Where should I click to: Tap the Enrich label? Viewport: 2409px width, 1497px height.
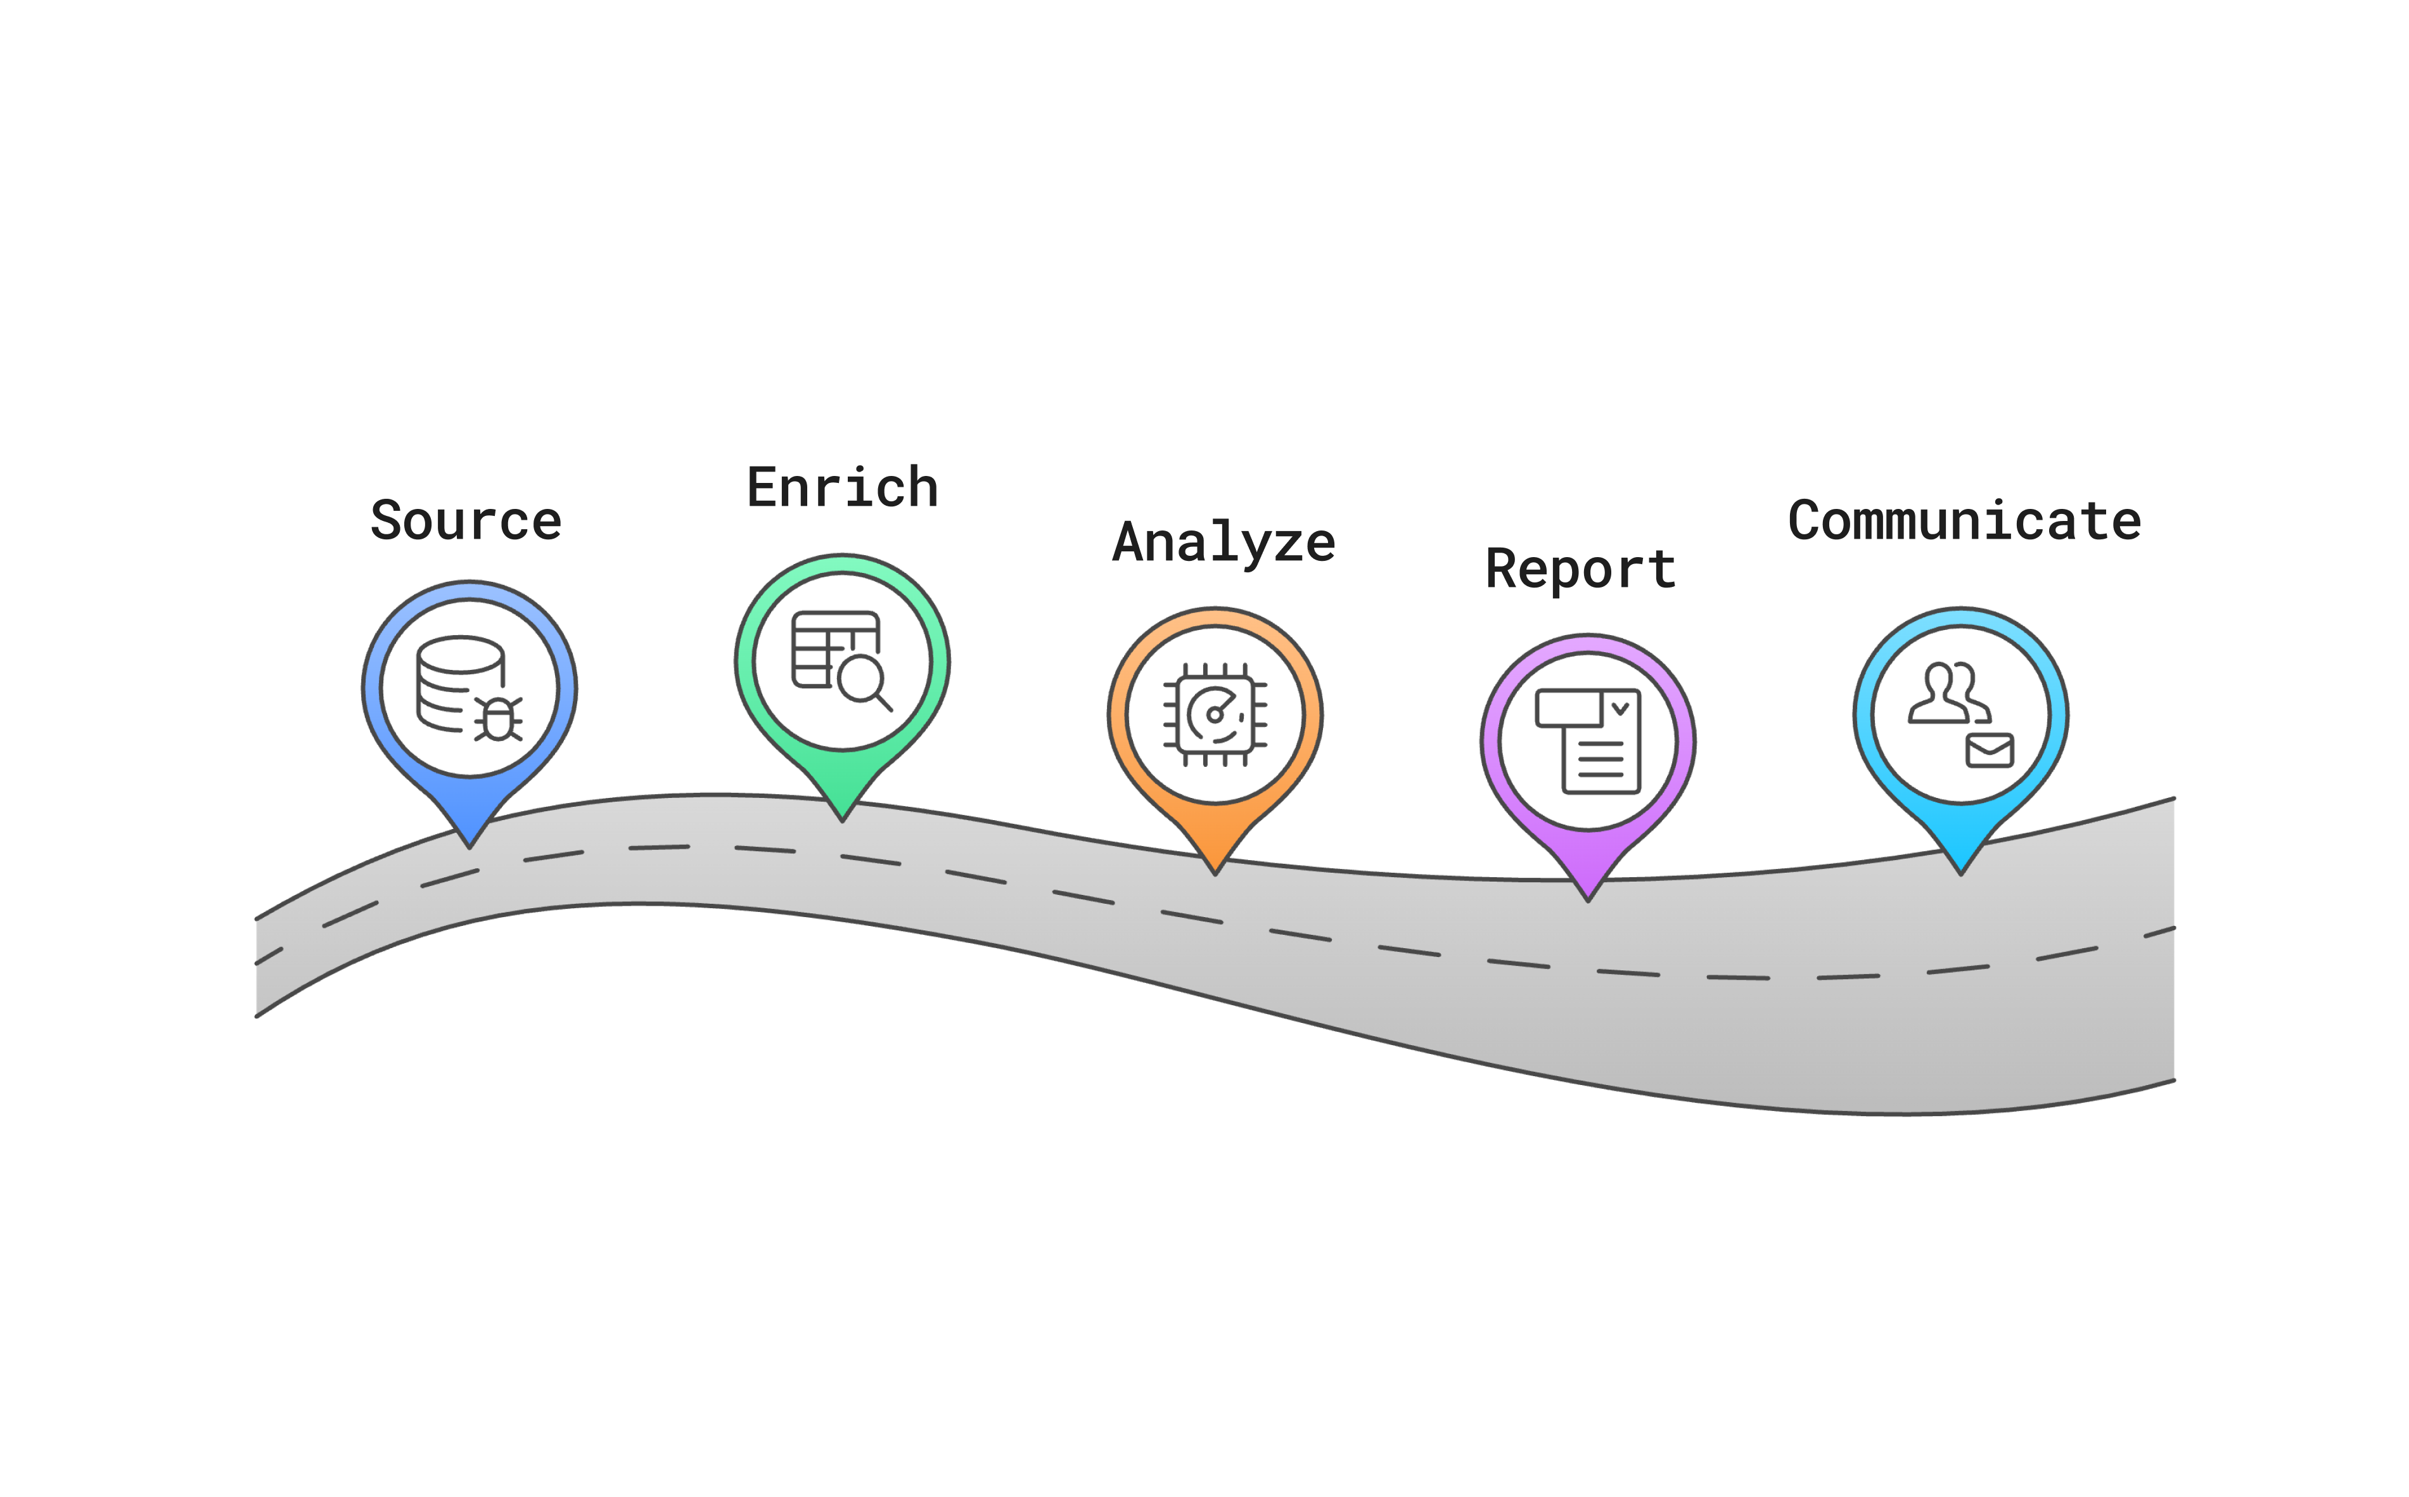click(x=842, y=488)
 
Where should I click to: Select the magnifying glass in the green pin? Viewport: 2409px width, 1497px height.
click(x=863, y=682)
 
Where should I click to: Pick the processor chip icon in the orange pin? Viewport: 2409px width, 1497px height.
click(x=1215, y=714)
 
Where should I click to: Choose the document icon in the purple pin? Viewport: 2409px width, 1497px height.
click(x=1588, y=741)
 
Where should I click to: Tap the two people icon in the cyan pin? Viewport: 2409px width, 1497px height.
click(x=1945, y=694)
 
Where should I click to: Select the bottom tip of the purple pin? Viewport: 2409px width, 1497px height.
click(x=1588, y=898)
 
